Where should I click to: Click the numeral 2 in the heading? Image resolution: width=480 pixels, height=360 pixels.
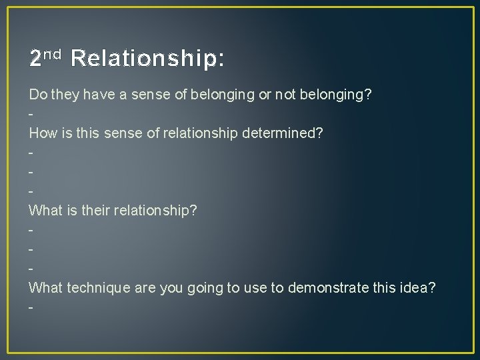[35, 59]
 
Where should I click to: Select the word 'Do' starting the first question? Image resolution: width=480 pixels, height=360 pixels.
[37, 95]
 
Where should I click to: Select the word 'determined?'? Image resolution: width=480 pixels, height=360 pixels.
[286, 133]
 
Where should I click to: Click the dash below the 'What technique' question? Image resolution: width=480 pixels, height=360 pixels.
[31, 307]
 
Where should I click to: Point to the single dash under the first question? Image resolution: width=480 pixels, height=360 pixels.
[31, 114]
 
